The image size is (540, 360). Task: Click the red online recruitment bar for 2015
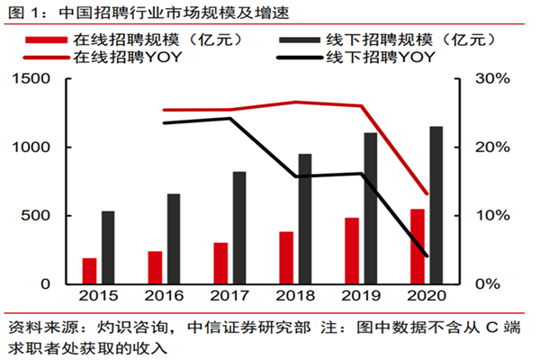pos(89,271)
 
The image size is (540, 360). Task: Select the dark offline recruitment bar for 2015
pos(108,247)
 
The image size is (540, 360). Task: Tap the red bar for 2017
pos(220,263)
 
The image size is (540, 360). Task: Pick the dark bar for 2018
pos(305,219)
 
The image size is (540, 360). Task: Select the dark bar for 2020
pos(436,205)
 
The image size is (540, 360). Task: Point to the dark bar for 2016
pos(174,238)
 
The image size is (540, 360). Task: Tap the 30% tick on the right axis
pos(492,79)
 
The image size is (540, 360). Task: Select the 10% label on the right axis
pos(492,216)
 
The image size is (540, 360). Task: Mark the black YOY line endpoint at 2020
pos(427,256)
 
